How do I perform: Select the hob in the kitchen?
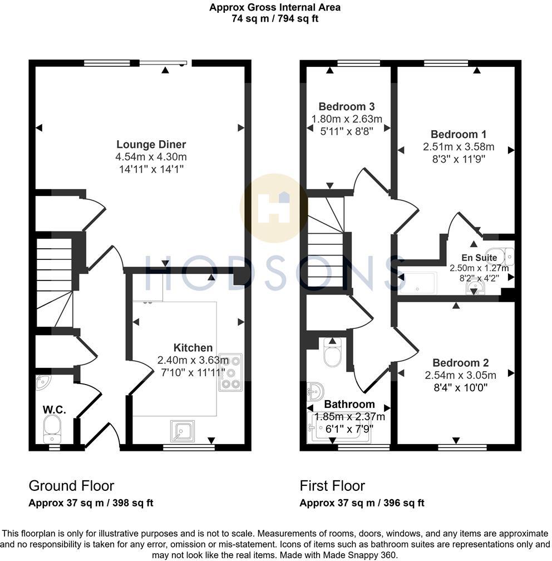(x=231, y=372)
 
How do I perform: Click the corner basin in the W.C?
(x=43, y=383)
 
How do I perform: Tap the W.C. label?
(x=55, y=410)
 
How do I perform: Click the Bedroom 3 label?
(x=346, y=106)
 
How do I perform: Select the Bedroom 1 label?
(x=459, y=134)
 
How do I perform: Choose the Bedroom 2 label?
(x=456, y=362)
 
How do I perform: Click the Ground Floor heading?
(x=71, y=486)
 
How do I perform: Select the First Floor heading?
(x=332, y=486)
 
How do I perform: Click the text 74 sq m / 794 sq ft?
(x=275, y=18)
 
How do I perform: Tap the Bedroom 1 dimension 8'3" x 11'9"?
(x=459, y=160)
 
